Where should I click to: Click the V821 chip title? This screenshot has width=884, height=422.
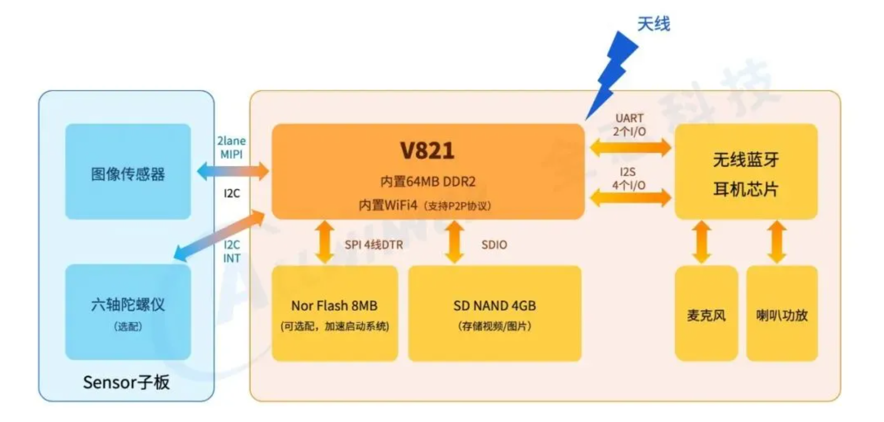click(x=427, y=150)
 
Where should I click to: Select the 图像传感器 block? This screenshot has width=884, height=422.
click(x=128, y=172)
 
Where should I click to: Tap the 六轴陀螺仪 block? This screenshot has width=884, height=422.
click(x=128, y=312)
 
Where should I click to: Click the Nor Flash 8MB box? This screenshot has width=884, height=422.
click(x=335, y=313)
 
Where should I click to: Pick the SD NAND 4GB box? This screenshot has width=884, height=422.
click(x=494, y=313)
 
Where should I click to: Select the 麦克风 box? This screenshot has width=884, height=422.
click(x=706, y=313)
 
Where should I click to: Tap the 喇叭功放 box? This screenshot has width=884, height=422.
click(x=782, y=313)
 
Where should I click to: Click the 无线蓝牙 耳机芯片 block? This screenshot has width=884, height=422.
click(x=746, y=172)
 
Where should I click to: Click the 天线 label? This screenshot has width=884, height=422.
click(x=654, y=24)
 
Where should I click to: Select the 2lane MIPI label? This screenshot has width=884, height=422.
click(x=231, y=147)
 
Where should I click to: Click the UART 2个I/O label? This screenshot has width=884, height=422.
click(x=630, y=125)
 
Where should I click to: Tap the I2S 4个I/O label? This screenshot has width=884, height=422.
click(x=629, y=179)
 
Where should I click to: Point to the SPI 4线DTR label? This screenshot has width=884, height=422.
click(x=374, y=245)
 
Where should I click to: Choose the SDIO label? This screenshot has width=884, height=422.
click(x=494, y=245)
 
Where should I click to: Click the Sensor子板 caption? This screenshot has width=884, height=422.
click(x=126, y=382)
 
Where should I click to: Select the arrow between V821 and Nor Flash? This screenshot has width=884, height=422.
click(x=325, y=242)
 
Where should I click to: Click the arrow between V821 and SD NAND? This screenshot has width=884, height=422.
click(x=454, y=242)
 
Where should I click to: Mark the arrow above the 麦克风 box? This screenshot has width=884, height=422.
click(x=701, y=242)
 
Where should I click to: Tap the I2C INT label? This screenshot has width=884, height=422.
click(x=232, y=251)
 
